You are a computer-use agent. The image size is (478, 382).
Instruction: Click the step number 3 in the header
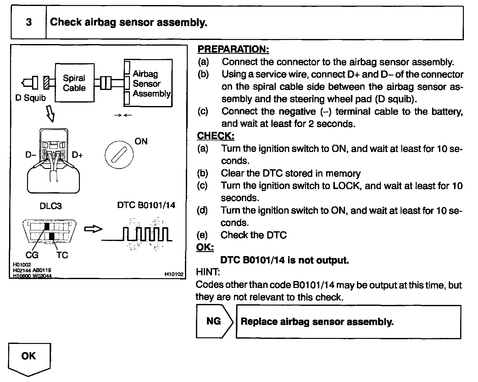point(29,22)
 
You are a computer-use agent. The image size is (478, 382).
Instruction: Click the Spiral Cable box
point(75,82)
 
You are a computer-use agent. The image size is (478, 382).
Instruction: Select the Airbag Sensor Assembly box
point(148,83)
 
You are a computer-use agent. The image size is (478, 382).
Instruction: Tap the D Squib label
point(31,98)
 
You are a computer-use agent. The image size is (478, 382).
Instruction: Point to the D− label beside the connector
point(31,155)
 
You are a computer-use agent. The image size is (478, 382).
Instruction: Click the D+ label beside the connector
point(77,155)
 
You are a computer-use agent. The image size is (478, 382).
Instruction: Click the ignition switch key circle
point(119,155)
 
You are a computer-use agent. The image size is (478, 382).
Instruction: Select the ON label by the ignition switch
point(141,141)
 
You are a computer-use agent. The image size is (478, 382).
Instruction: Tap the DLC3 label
point(51,206)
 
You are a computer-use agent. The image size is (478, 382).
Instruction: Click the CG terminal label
point(32,255)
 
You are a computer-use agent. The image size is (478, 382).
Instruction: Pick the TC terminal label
point(62,255)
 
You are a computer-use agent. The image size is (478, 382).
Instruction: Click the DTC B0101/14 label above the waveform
point(146,205)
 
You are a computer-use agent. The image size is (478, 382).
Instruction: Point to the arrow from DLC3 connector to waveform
point(93,229)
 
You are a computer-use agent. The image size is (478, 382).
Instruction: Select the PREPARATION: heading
point(233,49)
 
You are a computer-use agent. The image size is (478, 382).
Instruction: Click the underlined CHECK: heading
point(216,136)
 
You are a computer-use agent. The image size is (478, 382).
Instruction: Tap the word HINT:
point(208,272)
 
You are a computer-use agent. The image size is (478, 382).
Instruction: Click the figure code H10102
point(174,274)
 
